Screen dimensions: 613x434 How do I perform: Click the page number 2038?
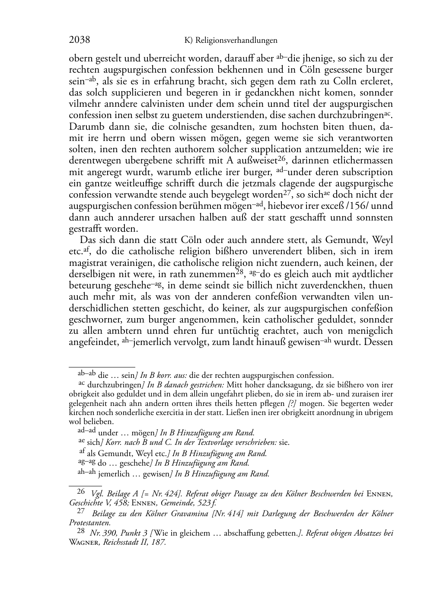(x=80, y=40)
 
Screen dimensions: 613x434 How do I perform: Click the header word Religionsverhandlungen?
(x=236, y=41)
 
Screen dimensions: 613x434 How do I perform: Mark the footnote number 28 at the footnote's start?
(x=81, y=532)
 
